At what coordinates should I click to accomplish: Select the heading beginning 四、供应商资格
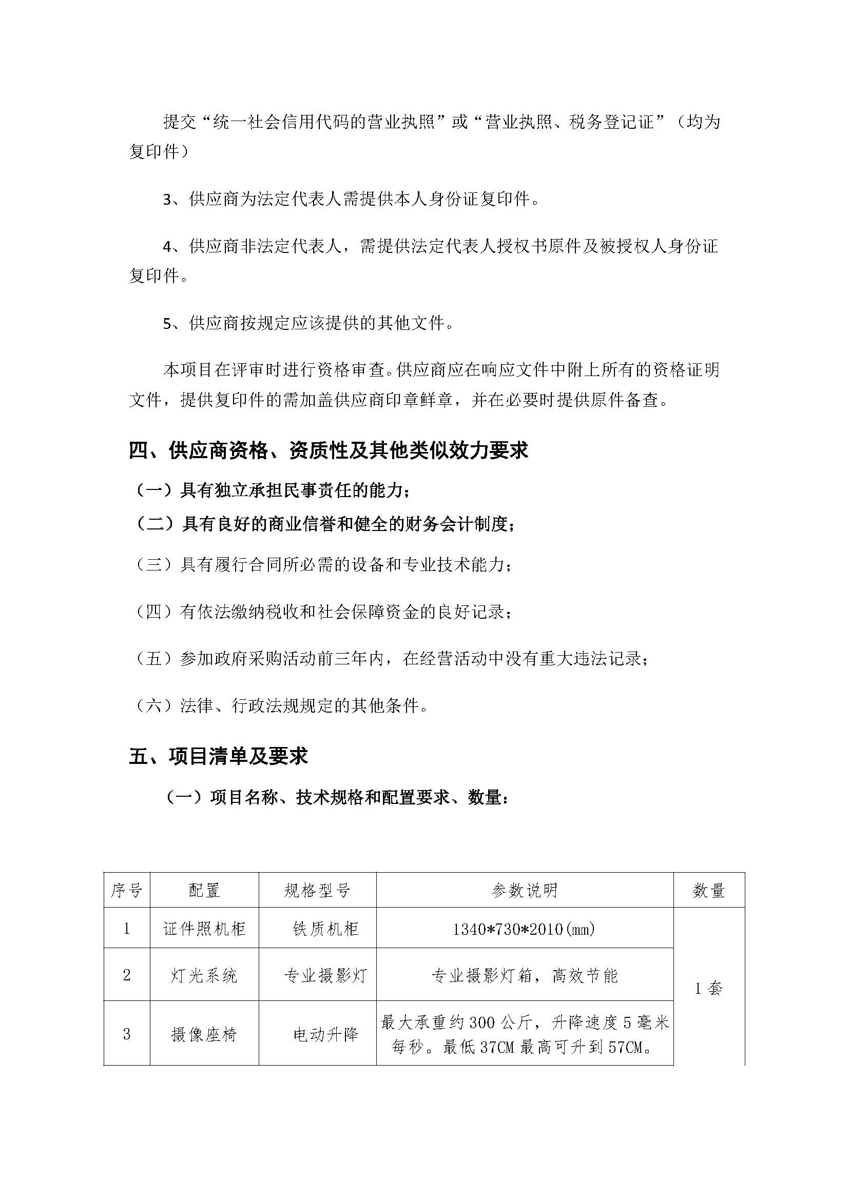pyautogui.click(x=329, y=450)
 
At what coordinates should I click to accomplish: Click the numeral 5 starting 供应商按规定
pyautogui.click(x=167, y=324)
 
